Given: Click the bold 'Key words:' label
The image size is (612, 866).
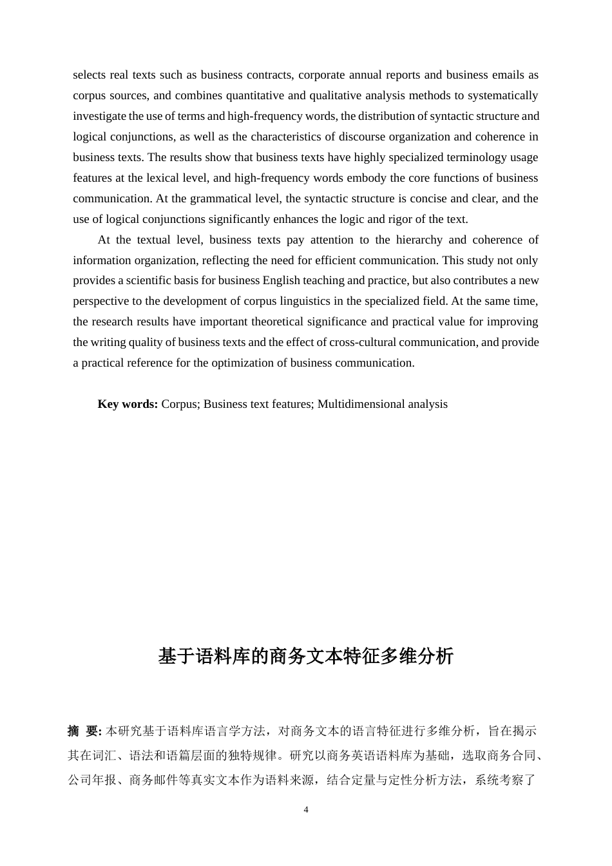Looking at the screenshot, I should coord(128,404).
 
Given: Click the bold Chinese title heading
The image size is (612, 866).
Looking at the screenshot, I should coord(306,656).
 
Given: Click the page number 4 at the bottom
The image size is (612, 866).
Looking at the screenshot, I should coord(306,810).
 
